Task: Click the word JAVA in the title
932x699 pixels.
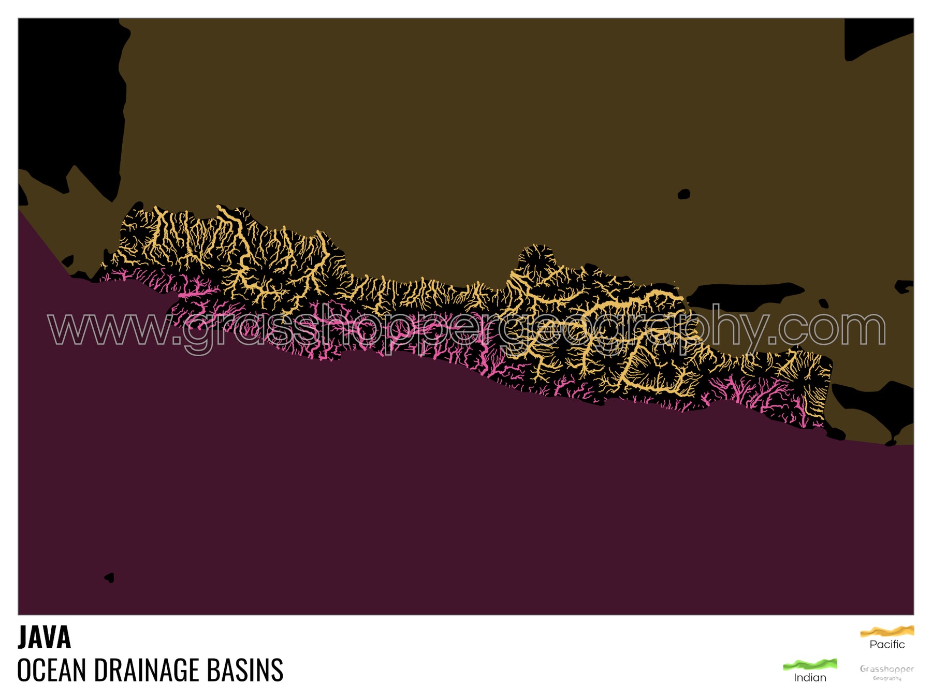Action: click(45, 637)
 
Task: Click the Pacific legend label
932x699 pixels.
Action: click(887, 645)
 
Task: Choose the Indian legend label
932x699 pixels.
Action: click(810, 678)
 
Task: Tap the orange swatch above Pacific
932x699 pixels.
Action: click(887, 631)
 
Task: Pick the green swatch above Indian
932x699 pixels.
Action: click(810, 664)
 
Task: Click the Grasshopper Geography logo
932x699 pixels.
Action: click(887, 673)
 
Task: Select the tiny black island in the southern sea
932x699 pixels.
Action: click(109, 577)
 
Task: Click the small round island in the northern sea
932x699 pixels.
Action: click(684, 194)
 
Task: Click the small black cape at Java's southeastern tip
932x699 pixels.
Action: click(835, 432)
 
